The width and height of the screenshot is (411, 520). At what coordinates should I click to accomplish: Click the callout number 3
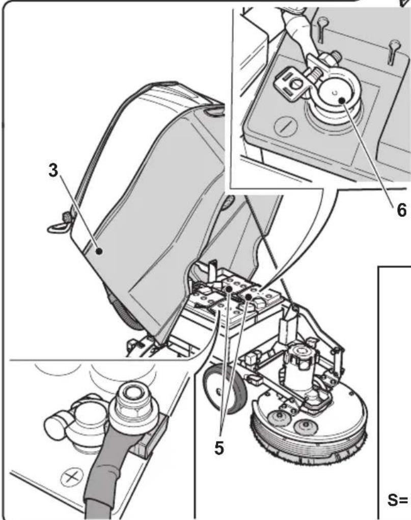tap(53, 171)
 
